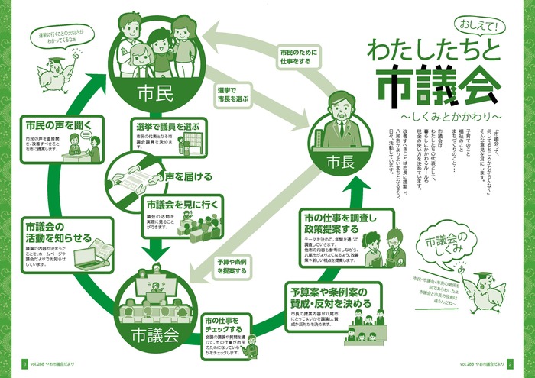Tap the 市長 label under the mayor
337,162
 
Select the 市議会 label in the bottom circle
155,334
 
